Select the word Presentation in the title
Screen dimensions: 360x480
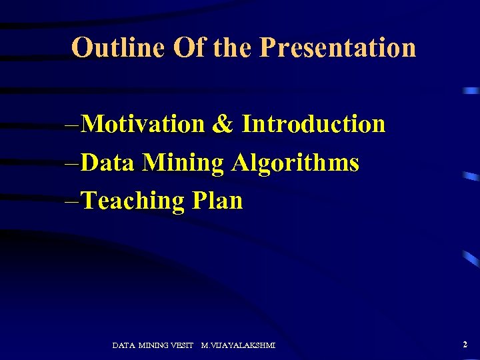point(337,48)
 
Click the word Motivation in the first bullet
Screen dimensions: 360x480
point(145,124)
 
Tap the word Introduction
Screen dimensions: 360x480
point(313,124)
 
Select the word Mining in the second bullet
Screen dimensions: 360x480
point(183,163)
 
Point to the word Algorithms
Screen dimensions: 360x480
point(295,163)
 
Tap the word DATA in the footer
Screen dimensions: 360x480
point(124,345)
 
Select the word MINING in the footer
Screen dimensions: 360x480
point(153,345)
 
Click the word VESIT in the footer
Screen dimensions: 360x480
point(182,345)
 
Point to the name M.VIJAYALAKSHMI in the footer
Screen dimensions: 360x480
point(238,345)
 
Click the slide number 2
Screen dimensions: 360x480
point(465,345)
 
